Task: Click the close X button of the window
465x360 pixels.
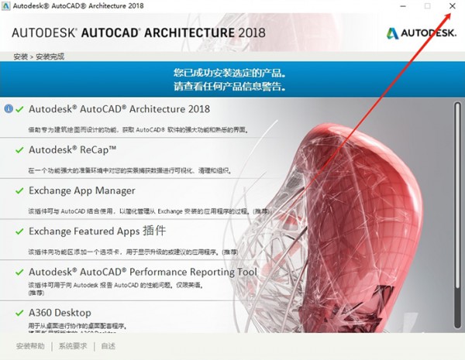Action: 453,6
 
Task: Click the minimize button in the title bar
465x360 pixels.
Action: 403,6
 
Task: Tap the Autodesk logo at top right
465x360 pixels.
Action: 422,33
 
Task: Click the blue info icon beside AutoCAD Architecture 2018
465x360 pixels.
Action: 8,109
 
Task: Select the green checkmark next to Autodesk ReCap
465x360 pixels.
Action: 19,149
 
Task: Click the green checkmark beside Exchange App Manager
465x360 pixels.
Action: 19,190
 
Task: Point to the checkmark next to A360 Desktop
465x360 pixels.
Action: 19,313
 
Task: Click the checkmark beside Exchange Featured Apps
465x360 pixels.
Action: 19,231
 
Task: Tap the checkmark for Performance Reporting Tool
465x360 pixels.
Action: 19,272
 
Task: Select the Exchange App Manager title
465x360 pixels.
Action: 81,190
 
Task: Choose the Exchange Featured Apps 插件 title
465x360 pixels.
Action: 97,231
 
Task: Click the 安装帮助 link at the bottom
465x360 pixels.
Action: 30,346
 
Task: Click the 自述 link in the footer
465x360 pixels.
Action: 108,346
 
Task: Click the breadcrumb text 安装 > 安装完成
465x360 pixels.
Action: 39,57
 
